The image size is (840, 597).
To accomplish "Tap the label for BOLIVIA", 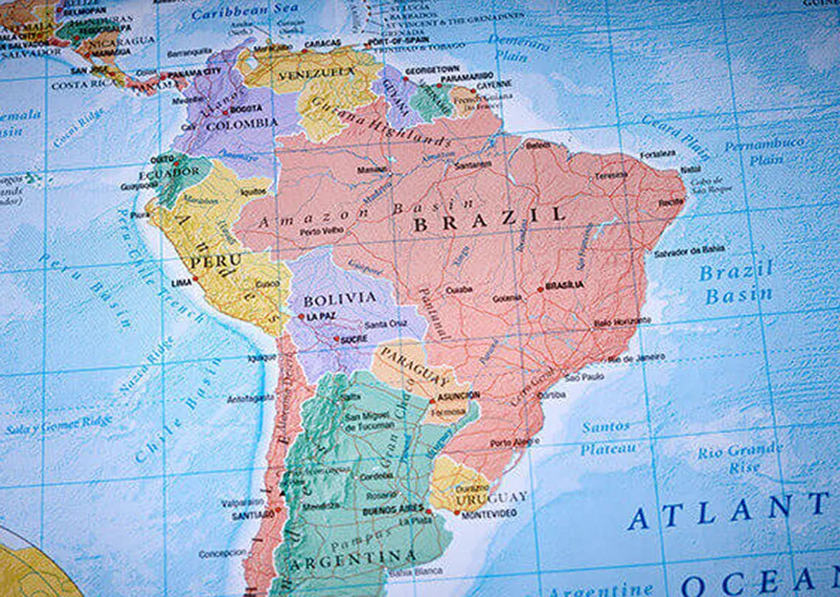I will pos(339,298).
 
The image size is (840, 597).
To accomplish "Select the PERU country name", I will pos(215,261).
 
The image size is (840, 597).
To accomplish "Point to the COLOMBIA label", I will pos(242,124).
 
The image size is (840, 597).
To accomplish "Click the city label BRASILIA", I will pos(564,285).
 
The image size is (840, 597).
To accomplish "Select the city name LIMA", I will pos(181,283).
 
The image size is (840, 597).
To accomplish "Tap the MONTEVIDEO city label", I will pos(489,514).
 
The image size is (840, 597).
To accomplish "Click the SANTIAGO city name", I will pos(247,515).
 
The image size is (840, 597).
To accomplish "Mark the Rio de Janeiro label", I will pos(637,358).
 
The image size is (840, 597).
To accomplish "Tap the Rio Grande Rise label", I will pos(740,458).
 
